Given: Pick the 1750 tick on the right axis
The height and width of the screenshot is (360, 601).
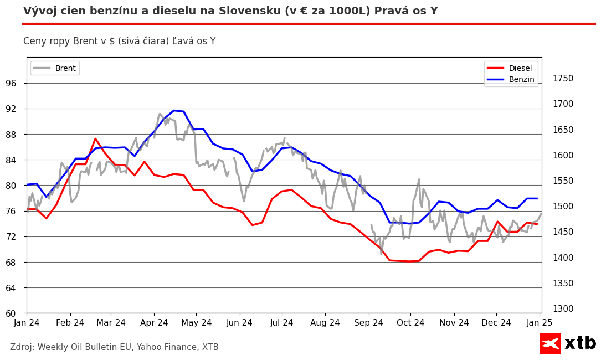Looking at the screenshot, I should pos(563,79).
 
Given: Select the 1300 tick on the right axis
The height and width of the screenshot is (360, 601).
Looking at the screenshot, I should pos(563,309).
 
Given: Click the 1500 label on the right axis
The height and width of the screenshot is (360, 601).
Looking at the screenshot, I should pos(563,207).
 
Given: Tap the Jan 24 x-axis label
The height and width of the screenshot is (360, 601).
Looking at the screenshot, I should pos(27,323).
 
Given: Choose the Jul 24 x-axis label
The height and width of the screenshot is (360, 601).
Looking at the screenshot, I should pos(282,323).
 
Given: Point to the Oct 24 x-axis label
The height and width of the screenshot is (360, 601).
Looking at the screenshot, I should pos(410,323).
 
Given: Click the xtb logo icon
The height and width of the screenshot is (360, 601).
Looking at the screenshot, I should pos(550,343).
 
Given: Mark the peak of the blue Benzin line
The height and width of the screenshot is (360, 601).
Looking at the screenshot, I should pos(174,110).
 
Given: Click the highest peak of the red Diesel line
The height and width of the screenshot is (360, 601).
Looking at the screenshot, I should pos(95,138).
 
